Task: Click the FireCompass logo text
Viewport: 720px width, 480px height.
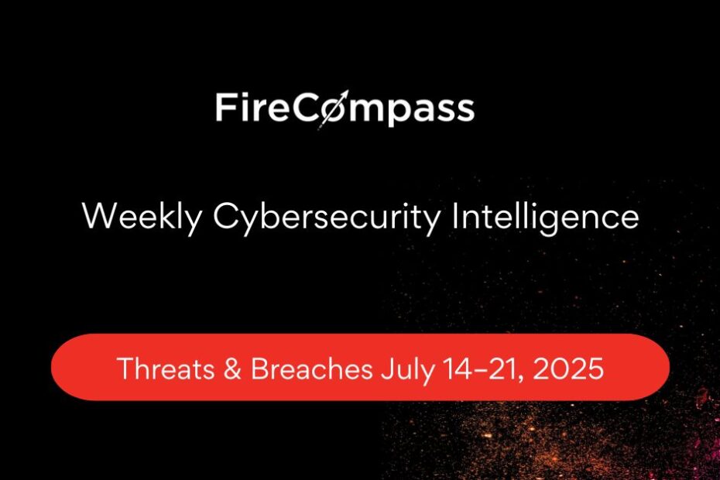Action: pyautogui.click(x=345, y=109)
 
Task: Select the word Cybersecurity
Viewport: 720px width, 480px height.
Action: pyautogui.click(x=327, y=218)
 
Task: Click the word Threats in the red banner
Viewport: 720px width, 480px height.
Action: pyautogui.click(x=166, y=369)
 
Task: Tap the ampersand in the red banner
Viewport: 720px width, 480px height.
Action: pyautogui.click(x=232, y=369)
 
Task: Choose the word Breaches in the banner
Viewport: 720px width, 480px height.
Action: pyautogui.click(x=311, y=369)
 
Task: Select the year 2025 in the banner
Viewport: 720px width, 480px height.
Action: pyautogui.click(x=568, y=369)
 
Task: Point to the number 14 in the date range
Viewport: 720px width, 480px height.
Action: pyautogui.click(x=457, y=369)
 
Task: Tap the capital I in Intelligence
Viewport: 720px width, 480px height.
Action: pyautogui.click(x=454, y=215)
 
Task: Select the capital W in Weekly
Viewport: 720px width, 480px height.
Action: pyautogui.click(x=99, y=216)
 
